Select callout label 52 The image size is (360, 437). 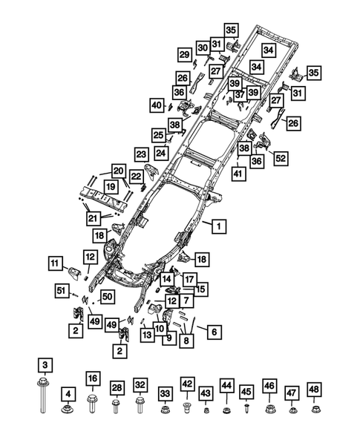pos(281,158)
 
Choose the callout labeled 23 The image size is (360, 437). pos(142,154)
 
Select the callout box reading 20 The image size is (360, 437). pos(119,171)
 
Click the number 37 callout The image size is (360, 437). pos(240,96)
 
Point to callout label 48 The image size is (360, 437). pos(315,390)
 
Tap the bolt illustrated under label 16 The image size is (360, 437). pos(92,405)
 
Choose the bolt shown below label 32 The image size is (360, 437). pos(140,405)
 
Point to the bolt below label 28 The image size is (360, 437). pos(117,407)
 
